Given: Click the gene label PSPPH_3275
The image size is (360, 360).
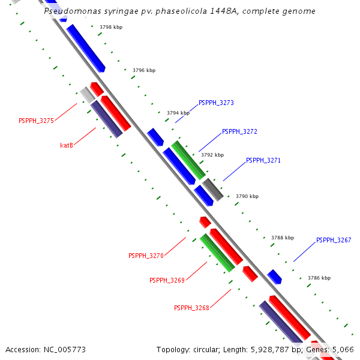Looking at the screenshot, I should (36, 121).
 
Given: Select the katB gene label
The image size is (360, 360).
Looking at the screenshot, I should (67, 145).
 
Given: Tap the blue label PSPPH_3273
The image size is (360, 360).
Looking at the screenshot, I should (216, 103).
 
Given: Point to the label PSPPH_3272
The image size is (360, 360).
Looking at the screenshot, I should (239, 131).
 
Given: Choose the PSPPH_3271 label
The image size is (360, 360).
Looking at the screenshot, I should (263, 161).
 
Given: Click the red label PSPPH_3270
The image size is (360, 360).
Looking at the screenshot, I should (146, 256).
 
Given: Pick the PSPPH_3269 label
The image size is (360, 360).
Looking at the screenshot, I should (167, 280).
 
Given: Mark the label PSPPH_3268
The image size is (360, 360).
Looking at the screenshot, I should (191, 308).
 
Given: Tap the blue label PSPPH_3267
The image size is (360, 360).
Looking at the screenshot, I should (334, 240).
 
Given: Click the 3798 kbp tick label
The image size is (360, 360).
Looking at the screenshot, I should (111, 28).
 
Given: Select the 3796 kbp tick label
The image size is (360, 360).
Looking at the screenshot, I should (144, 70).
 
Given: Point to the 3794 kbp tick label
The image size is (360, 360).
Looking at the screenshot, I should (178, 113).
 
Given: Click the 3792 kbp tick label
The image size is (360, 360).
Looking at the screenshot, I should (212, 155).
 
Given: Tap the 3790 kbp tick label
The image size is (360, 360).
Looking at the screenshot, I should (247, 196).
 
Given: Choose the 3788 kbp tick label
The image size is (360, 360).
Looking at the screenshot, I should (283, 238).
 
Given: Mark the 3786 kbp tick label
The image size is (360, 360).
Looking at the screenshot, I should (319, 278).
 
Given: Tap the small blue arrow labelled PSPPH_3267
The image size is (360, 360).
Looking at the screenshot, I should (275, 277).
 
